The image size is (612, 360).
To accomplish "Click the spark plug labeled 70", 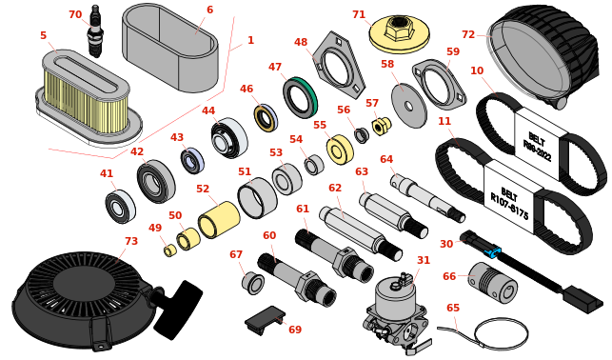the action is click(94, 30).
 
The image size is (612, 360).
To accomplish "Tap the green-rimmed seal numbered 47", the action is click(300, 97).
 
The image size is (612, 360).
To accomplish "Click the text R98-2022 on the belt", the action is click(538, 148).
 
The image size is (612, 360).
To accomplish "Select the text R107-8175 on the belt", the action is click(509, 204).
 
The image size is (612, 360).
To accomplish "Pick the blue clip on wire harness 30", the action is click(492, 251).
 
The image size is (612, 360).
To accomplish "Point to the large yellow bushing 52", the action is click(219, 221).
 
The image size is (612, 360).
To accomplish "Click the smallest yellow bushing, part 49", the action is click(169, 250).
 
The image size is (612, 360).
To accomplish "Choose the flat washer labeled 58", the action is click(409, 106).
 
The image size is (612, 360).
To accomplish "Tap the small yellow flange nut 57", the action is click(381, 126).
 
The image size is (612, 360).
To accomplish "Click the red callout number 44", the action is click(208, 110).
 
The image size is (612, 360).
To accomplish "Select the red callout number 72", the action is click(468, 34).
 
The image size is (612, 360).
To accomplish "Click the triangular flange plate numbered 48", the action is click(339, 66).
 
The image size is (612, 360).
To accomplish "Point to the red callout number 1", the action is click(250, 40).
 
